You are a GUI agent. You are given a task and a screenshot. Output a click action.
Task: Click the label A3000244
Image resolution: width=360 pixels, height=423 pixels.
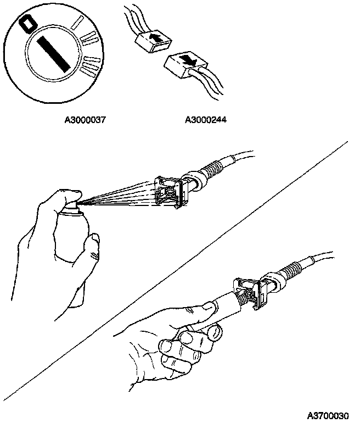(x=206, y=118)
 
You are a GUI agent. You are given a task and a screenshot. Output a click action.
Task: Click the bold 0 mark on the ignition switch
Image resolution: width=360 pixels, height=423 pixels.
(x=26, y=24)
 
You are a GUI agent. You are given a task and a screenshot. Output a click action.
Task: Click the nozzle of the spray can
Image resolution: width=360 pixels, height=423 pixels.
(x=77, y=202)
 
